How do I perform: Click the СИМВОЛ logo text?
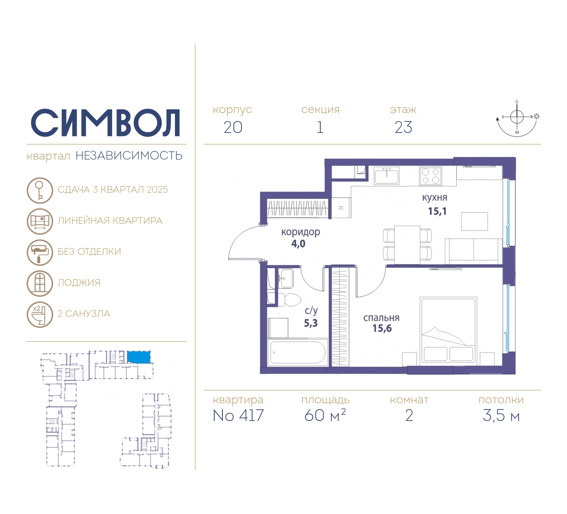tap(105, 123)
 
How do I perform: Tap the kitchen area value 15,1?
tap(437, 211)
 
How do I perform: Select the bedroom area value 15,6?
tap(382, 328)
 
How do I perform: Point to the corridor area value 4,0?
tap(299, 243)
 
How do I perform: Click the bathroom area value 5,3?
tap(311, 323)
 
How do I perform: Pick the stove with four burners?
tap(431, 176)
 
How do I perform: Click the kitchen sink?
tap(386, 175)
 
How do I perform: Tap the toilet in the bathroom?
tap(289, 300)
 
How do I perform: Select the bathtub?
tap(298, 352)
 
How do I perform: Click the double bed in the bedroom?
tap(448, 330)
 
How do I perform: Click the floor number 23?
tap(404, 127)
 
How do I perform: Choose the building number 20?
tap(233, 127)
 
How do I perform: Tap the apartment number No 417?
tap(238, 415)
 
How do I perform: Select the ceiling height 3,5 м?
tap(501, 415)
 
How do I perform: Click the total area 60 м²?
tap(325, 415)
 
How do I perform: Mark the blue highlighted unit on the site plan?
tap(139, 357)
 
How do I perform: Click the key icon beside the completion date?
tap(40, 190)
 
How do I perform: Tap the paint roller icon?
tap(40, 253)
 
